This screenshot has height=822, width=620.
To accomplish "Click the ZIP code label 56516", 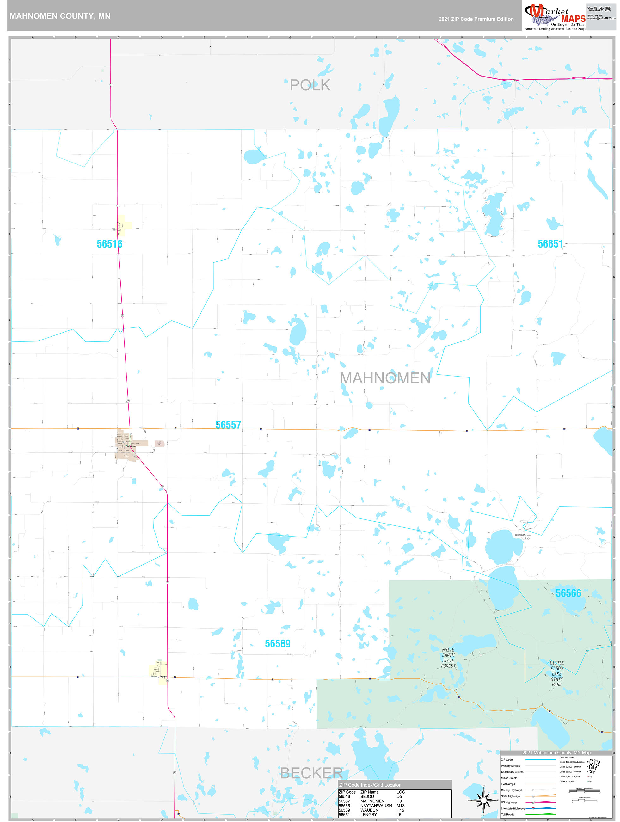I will click(x=109, y=244).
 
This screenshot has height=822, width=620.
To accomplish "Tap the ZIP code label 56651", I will click(x=550, y=244).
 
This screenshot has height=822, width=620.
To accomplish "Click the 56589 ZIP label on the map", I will click(x=277, y=644).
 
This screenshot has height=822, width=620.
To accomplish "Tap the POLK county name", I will click(x=310, y=85).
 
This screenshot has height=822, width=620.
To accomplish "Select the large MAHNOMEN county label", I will click(x=385, y=378).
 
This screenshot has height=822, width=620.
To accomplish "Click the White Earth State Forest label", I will click(x=448, y=658).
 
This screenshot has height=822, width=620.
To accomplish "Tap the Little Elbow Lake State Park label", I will click(x=556, y=673).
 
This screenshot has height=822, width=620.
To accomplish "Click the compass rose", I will click(x=483, y=800).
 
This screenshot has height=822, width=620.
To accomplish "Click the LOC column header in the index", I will click(x=400, y=792).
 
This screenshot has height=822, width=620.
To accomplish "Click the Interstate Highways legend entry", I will click(x=513, y=808).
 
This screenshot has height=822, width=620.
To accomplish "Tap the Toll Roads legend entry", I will click(x=507, y=814).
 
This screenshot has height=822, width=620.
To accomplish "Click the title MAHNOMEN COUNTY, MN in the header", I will click(x=60, y=16).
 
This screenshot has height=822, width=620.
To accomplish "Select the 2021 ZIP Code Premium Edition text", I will click(x=476, y=19).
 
